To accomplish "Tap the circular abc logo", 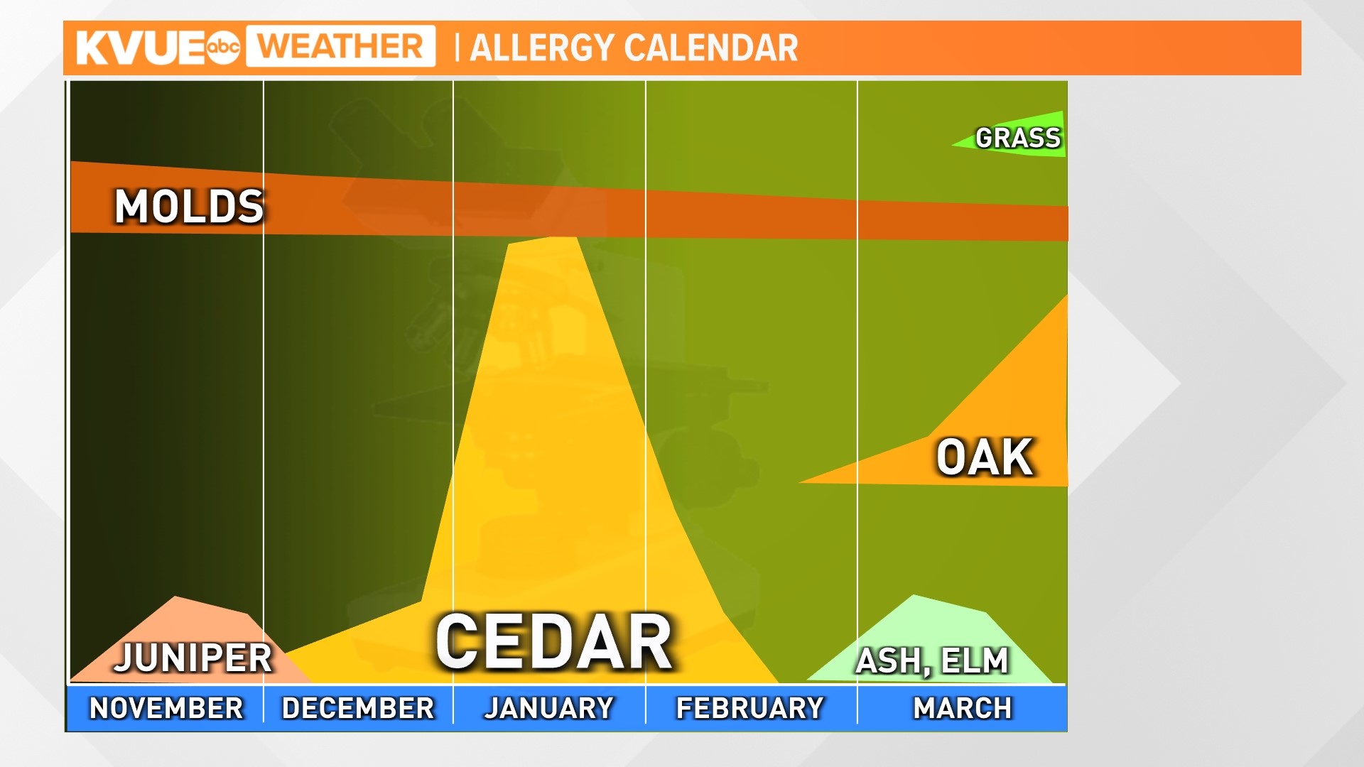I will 223,47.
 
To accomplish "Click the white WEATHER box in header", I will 340,47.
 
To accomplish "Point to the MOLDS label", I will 190,207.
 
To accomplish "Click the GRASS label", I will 1018,138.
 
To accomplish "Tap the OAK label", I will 984,457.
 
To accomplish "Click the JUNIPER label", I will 193,658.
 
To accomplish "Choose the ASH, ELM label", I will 932,661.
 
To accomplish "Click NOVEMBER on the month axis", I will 166,708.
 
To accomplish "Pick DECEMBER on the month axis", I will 358,708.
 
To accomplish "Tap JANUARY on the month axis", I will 549,708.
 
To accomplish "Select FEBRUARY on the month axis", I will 750,708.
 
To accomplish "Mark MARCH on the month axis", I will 963,708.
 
